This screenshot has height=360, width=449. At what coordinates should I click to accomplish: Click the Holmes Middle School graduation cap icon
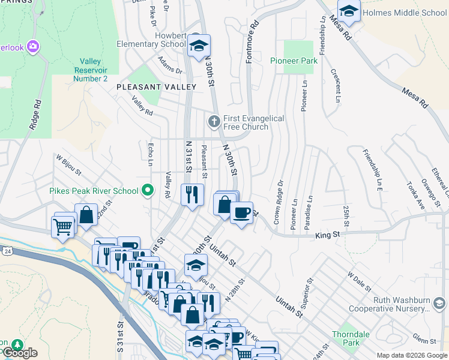coord(349,11)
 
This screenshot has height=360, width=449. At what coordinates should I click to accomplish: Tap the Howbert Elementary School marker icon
coord(198,46)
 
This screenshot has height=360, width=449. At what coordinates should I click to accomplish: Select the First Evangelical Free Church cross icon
coord(213,122)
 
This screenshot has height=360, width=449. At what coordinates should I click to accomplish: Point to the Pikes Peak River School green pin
coord(148,191)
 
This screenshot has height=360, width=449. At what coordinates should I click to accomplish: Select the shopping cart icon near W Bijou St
coord(62,227)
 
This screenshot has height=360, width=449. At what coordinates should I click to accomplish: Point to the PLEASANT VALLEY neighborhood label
coord(157,87)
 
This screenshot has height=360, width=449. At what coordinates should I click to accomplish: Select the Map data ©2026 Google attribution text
coord(411,355)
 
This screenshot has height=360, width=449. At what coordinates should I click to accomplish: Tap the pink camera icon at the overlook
coord(32,46)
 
